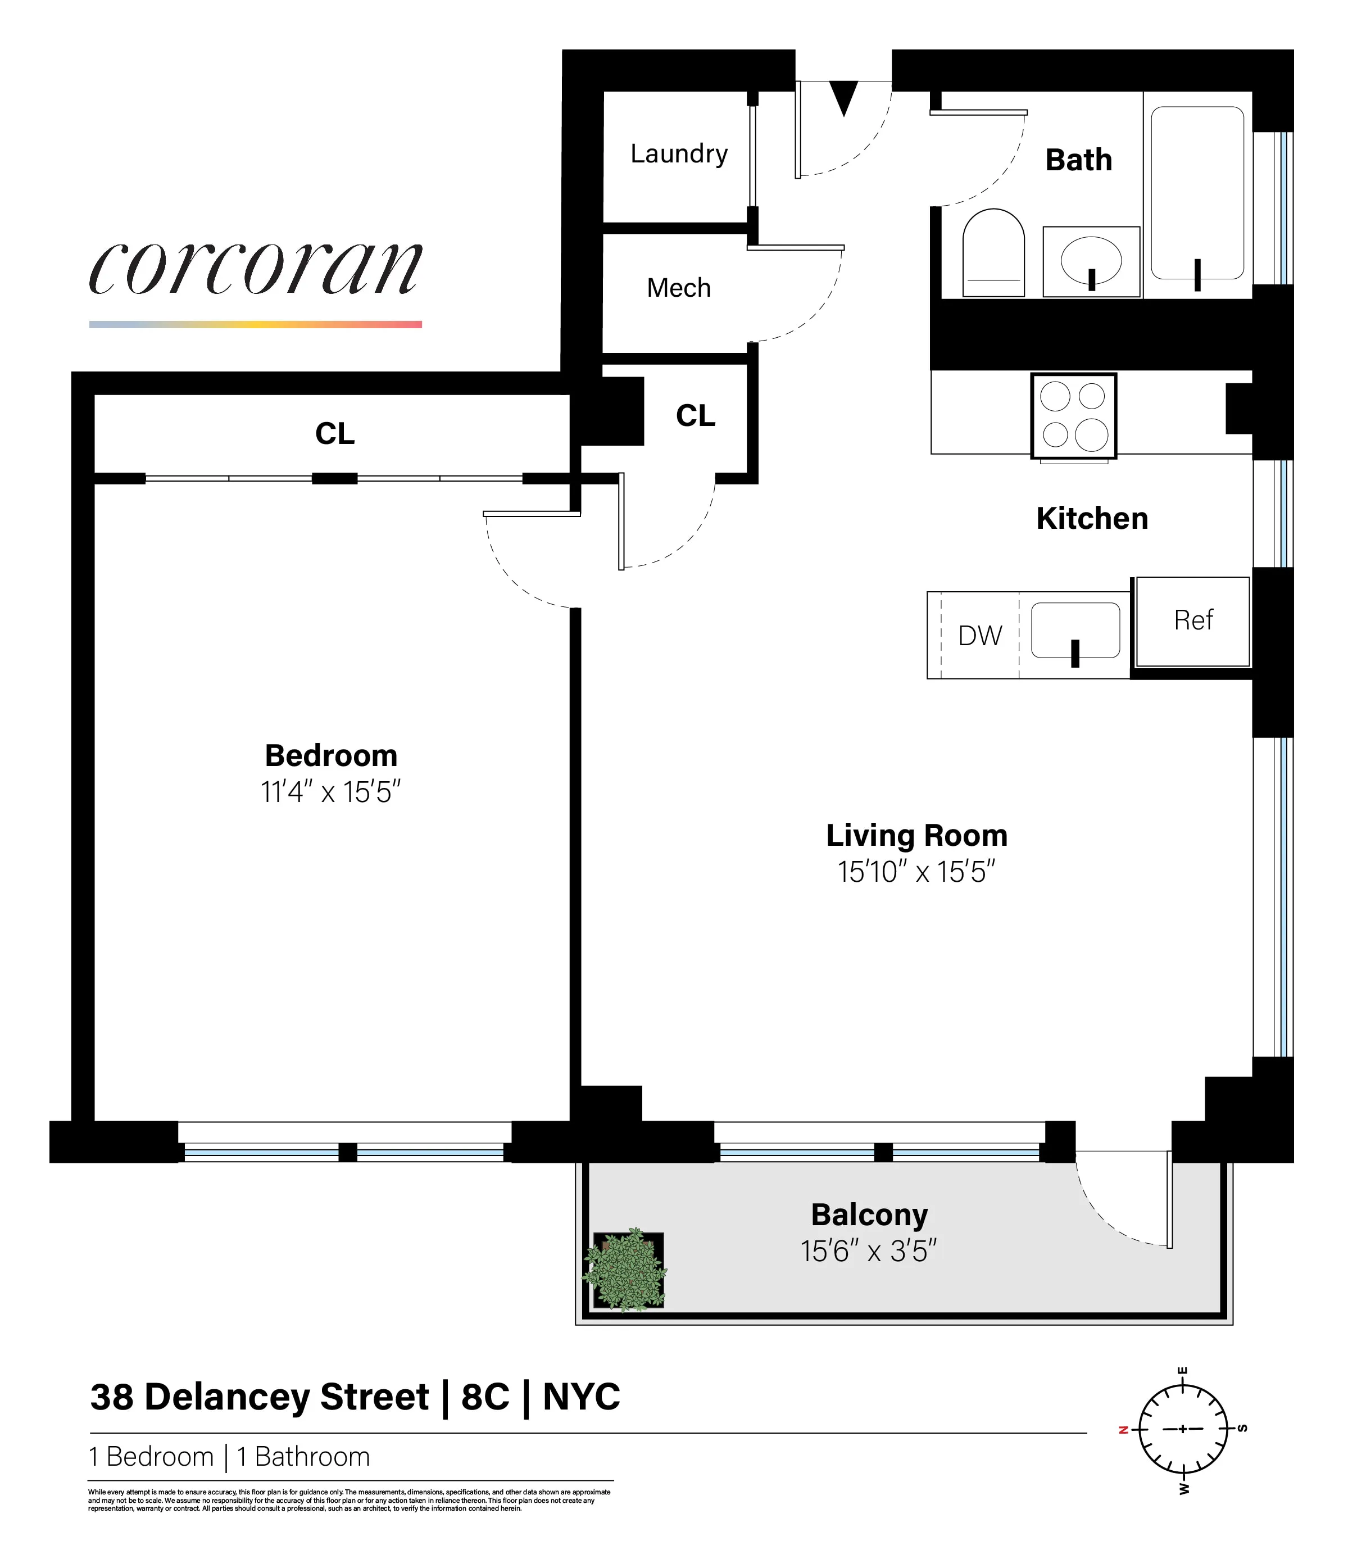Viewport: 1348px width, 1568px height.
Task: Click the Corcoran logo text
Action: point(256,269)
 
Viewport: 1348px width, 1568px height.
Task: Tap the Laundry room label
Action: point(679,153)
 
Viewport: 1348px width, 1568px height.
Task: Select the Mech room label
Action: point(679,288)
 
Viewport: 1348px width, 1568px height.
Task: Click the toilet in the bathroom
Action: point(993,253)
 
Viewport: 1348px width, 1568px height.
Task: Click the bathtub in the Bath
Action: point(1197,193)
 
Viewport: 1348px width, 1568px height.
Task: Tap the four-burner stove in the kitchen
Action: point(1073,415)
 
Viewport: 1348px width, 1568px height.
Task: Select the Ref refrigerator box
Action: point(1193,620)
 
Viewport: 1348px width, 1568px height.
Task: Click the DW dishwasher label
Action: point(979,636)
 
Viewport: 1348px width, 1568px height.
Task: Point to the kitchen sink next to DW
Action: point(1075,629)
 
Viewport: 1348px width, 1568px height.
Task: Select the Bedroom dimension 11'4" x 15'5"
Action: point(330,792)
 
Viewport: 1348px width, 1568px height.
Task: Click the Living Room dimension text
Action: point(916,872)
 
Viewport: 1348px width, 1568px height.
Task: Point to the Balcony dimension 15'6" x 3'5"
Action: point(868,1251)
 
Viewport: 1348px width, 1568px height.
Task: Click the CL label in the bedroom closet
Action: point(334,434)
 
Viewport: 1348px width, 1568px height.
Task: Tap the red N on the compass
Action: point(1123,1430)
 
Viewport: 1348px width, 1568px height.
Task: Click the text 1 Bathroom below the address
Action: point(303,1457)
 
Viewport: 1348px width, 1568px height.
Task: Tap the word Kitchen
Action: point(1092,518)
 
